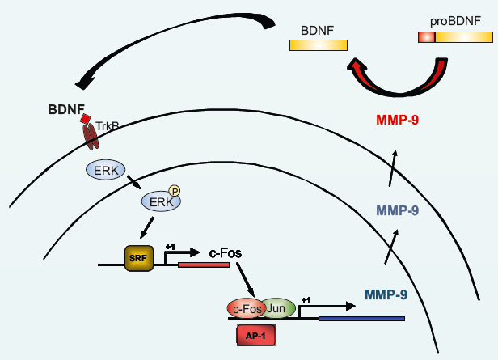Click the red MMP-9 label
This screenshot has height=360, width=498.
click(397, 121)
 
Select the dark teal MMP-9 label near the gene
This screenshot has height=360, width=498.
click(385, 294)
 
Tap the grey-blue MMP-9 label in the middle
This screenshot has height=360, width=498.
click(397, 211)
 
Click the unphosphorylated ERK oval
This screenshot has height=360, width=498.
click(105, 170)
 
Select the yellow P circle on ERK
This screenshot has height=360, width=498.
click(174, 191)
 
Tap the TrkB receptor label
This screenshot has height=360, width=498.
click(108, 126)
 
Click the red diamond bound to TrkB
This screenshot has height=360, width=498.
click(86, 119)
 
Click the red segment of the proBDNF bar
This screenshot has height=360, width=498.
click(426, 36)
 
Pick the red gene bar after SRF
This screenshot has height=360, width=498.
click(204, 265)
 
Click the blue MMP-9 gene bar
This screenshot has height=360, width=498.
click(361, 319)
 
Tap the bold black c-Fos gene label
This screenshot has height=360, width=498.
click(227, 253)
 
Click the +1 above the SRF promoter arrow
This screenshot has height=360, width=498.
click(171, 246)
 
